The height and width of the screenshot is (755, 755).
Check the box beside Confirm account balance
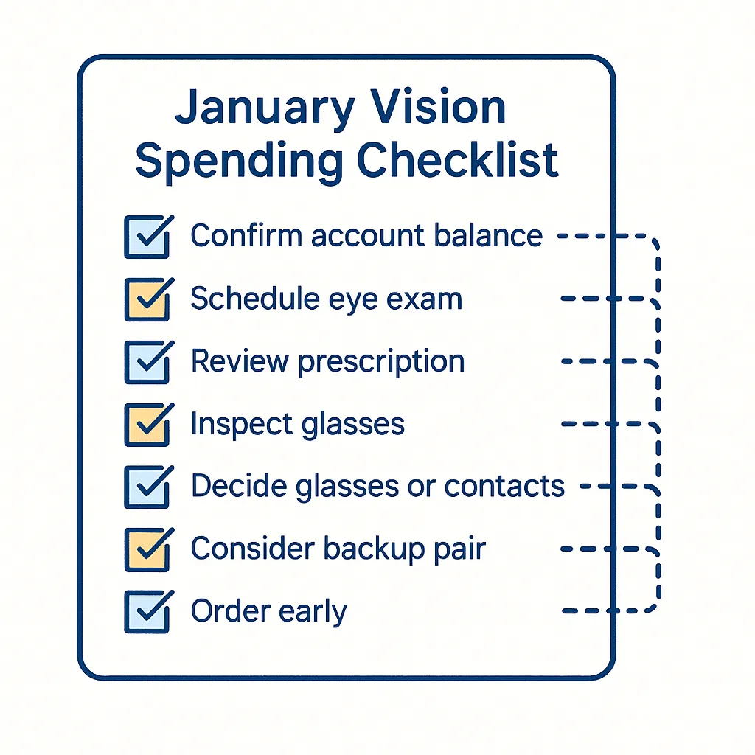pyautogui.click(x=146, y=237)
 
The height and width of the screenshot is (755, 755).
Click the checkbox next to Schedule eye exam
pyautogui.click(x=146, y=299)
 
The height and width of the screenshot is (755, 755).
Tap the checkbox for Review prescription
pyautogui.click(x=146, y=362)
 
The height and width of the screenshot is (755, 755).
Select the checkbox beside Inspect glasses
pyautogui.click(x=146, y=425)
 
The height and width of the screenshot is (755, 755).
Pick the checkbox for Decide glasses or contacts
pyautogui.click(x=146, y=487)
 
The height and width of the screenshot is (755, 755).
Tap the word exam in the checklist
pyautogui.click(x=429, y=299)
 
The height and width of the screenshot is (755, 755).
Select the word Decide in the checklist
pyautogui.click(x=234, y=487)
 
